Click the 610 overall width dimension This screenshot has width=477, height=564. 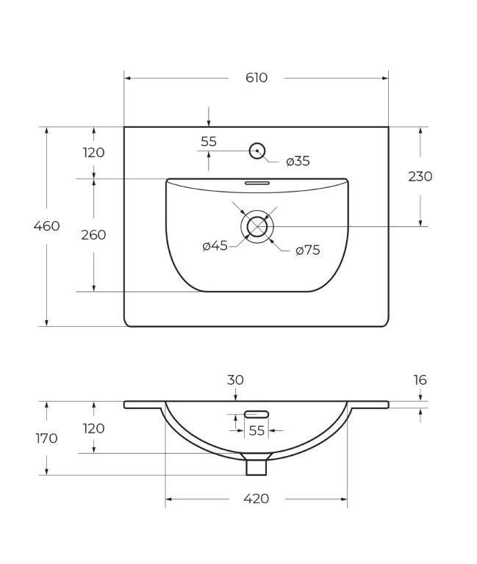tap(257, 78)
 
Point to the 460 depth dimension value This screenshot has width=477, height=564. tap(46, 226)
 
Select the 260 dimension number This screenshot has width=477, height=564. tap(93, 235)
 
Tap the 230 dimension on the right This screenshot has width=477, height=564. tap(420, 176)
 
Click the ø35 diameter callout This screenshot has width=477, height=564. tap(298, 162)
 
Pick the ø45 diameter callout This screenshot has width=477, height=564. tap(215, 246)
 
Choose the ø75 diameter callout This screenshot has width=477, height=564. tap(308, 250)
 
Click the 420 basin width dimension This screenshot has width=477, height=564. tap(256, 499)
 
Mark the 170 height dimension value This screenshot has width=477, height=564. tap(46, 438)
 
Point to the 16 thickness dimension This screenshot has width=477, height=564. tap(420, 380)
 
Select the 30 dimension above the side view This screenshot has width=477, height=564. tap(235, 380)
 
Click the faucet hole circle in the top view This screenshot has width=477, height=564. tap(257, 151)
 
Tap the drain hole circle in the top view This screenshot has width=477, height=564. tap(257, 226)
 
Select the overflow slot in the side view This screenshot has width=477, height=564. tap(257, 414)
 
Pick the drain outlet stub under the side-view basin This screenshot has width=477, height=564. tap(256, 465)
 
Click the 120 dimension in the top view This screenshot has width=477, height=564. tap(93, 153)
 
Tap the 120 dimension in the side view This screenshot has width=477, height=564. tap(93, 428)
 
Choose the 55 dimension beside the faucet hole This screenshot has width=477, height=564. tap(209, 142)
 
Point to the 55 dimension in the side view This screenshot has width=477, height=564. tap(256, 431)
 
